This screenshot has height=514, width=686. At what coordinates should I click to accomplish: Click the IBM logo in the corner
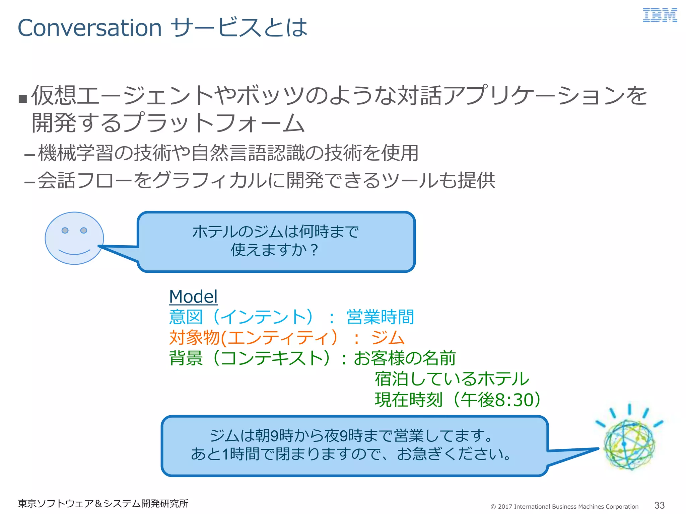[x=660, y=15]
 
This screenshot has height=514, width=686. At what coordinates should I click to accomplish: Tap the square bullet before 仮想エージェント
[x=23, y=98]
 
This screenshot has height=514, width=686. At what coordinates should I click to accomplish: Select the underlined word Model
[x=193, y=296]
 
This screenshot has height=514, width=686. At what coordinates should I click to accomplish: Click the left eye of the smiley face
[x=65, y=230]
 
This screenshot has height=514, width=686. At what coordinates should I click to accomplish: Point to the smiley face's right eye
[x=84, y=230]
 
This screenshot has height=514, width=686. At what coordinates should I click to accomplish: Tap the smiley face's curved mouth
[x=74, y=252]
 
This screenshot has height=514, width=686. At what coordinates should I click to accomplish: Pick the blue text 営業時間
[x=380, y=317]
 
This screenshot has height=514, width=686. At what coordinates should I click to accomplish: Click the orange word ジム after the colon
[x=388, y=337]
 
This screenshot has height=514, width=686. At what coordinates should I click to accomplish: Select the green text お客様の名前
[x=405, y=358]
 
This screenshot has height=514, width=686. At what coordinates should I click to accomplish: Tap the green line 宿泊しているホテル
[x=452, y=379]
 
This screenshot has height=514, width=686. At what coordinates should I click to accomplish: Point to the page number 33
[x=659, y=505]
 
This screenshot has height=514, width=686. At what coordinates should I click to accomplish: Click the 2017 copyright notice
[x=564, y=506]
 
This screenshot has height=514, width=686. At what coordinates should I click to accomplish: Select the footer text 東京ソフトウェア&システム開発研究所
[x=103, y=503]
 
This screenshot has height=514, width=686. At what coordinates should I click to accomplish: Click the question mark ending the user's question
[x=314, y=250]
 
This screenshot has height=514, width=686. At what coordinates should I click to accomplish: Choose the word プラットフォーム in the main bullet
[x=214, y=123]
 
